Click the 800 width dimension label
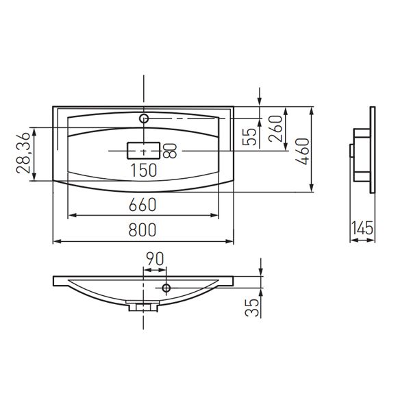(x=142, y=229)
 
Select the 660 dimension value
(x=142, y=205)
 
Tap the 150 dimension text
(x=144, y=170)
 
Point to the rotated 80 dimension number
(x=170, y=151)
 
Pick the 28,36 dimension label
(x=23, y=153)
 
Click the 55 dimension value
(x=249, y=136)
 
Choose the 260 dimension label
(x=276, y=129)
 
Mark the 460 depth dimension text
(x=303, y=151)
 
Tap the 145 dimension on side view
(x=362, y=228)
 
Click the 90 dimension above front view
(x=155, y=259)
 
